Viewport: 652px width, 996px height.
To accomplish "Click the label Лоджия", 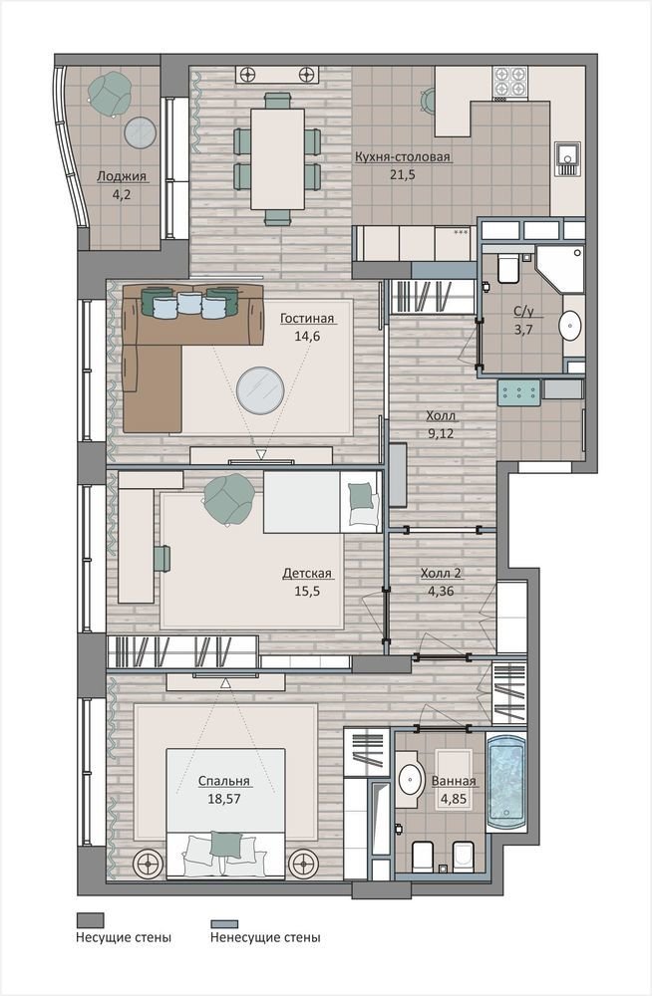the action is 122,176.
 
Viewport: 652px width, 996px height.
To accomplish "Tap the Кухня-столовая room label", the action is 403,157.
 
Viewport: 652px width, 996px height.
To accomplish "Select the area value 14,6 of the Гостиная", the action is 307,337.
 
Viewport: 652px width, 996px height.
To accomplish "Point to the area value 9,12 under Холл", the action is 441,434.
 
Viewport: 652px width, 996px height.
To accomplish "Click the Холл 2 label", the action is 441,573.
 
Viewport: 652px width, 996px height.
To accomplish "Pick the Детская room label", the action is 307,574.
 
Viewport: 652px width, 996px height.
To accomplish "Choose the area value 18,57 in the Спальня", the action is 224,799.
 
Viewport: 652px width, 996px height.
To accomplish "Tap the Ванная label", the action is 454,781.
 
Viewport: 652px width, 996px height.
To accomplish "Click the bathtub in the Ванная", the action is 506,782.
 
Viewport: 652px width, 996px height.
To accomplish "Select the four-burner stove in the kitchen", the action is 510,81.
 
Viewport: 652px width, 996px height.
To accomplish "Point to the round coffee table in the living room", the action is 260,388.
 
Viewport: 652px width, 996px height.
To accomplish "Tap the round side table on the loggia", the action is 140,133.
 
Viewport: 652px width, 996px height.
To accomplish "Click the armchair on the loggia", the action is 110,94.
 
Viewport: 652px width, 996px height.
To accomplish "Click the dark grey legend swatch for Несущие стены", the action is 91,919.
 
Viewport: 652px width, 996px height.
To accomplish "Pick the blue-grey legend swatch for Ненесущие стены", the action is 224,923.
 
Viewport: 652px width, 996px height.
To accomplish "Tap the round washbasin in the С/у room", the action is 570,325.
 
